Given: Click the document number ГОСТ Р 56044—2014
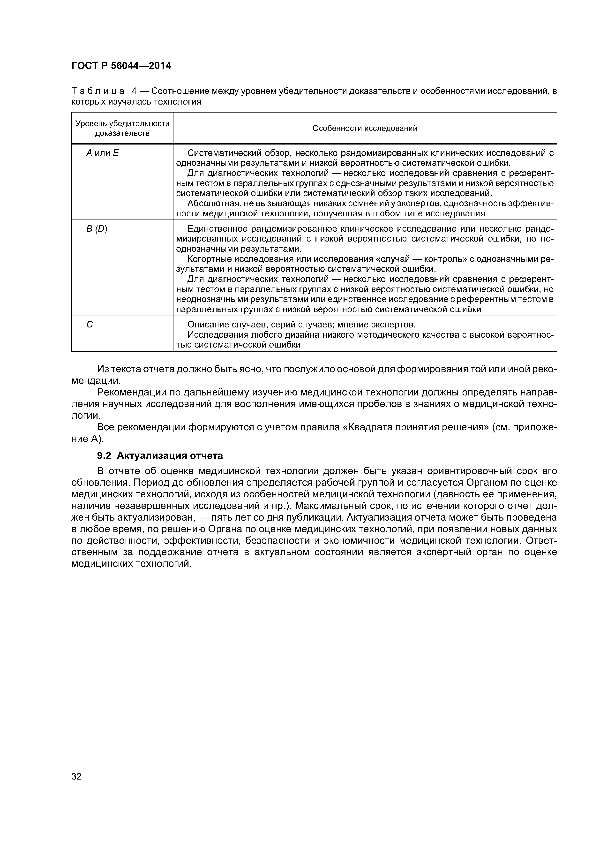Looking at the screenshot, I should point(121,66).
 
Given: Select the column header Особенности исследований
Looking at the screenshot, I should point(365,128).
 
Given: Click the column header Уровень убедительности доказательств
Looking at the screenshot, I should point(122,128).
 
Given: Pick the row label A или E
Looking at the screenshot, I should point(102,153).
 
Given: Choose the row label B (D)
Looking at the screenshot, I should point(97,229).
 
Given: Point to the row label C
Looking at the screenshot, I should point(90,325).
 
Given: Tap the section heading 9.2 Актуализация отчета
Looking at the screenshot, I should point(160,455).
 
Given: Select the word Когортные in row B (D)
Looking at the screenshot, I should point(209,259).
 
